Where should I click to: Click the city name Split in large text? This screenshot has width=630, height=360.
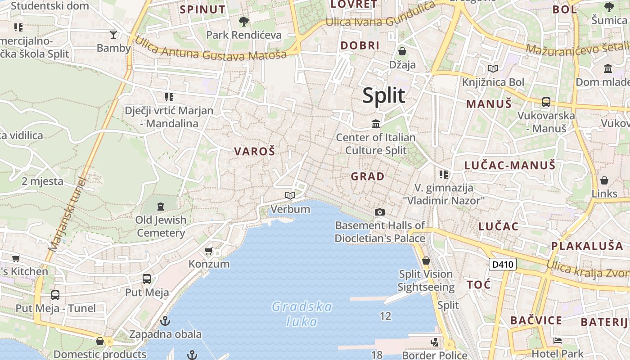coord(384,95)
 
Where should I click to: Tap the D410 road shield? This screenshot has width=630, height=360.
coord(503,264)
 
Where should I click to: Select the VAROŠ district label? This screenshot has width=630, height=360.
coord(254,152)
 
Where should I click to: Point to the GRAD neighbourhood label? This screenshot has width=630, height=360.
coord(368,176)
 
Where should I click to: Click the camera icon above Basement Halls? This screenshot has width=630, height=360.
coord(380,212)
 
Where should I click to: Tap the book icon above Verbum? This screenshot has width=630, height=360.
coord(290,195)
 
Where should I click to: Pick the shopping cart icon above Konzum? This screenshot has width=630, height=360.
coord(208,251)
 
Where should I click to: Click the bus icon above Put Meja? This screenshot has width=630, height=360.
coord(147,279)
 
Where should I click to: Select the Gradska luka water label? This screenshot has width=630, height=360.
coord(302,314)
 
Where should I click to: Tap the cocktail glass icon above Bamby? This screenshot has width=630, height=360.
coord(113,34)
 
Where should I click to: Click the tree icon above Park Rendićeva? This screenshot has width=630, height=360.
coord(243,21)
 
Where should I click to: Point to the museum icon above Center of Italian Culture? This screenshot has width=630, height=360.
coord(376,123)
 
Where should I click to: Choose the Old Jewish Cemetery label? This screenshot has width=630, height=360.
coord(161,226)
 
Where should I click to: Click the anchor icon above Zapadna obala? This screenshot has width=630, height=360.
coord(165,321)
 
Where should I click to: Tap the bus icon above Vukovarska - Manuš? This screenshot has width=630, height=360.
coord(546,102)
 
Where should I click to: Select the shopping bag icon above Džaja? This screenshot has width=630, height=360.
coord(402,51)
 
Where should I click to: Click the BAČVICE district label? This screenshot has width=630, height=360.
coord(536,320)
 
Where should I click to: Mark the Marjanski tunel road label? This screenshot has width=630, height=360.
coord(67,214)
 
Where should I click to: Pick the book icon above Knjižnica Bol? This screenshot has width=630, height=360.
coord(493,68)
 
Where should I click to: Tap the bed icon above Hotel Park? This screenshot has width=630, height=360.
coord(558,341)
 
